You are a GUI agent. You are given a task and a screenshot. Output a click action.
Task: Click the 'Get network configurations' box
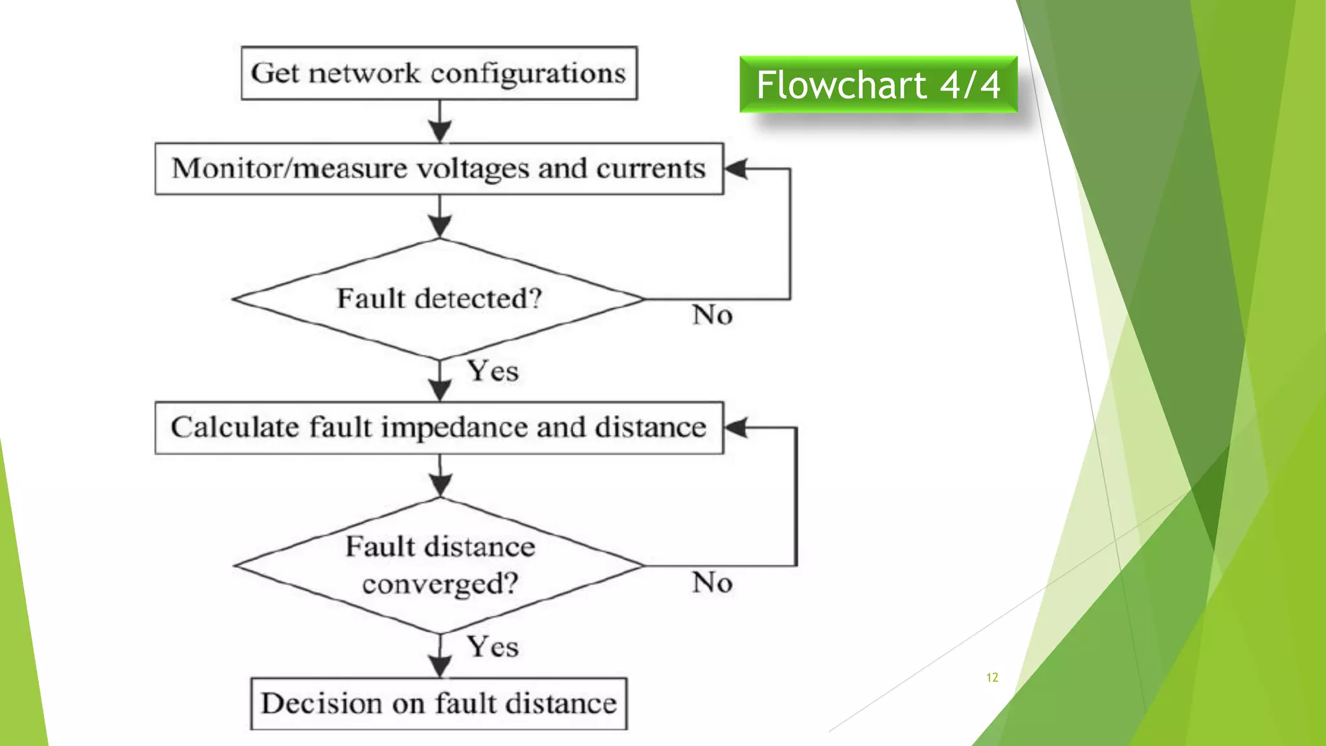pyautogui.click(x=439, y=73)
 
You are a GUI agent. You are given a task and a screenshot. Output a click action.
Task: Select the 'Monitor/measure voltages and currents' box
pyautogui.click(x=439, y=169)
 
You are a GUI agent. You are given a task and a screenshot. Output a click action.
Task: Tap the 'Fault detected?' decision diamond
pyautogui.click(x=439, y=299)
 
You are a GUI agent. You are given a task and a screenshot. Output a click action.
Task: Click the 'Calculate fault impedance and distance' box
pyautogui.click(x=439, y=428)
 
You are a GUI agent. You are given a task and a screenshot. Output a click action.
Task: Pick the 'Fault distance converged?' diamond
pyautogui.click(x=439, y=565)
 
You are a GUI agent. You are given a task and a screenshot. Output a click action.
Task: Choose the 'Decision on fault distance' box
pyautogui.click(x=439, y=704)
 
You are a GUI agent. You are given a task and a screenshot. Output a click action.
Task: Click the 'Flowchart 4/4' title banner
pyautogui.click(x=879, y=85)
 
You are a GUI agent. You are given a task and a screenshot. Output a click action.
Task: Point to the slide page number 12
pyautogui.click(x=992, y=677)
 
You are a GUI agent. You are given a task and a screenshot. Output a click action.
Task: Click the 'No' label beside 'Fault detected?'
pyautogui.click(x=712, y=315)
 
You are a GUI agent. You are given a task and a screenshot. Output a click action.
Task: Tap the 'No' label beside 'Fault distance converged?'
pyautogui.click(x=712, y=583)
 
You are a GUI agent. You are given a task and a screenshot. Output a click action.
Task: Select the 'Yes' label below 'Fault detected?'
pyautogui.click(x=493, y=372)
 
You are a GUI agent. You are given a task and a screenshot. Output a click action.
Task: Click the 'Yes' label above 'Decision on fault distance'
pyautogui.click(x=493, y=647)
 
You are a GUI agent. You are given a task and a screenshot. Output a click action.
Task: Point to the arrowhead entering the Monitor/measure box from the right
pyautogui.click(x=736, y=169)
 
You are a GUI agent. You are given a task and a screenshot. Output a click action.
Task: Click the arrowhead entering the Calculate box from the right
pyautogui.click(x=736, y=427)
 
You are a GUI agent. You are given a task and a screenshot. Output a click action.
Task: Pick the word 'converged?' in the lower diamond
pyautogui.click(x=440, y=585)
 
